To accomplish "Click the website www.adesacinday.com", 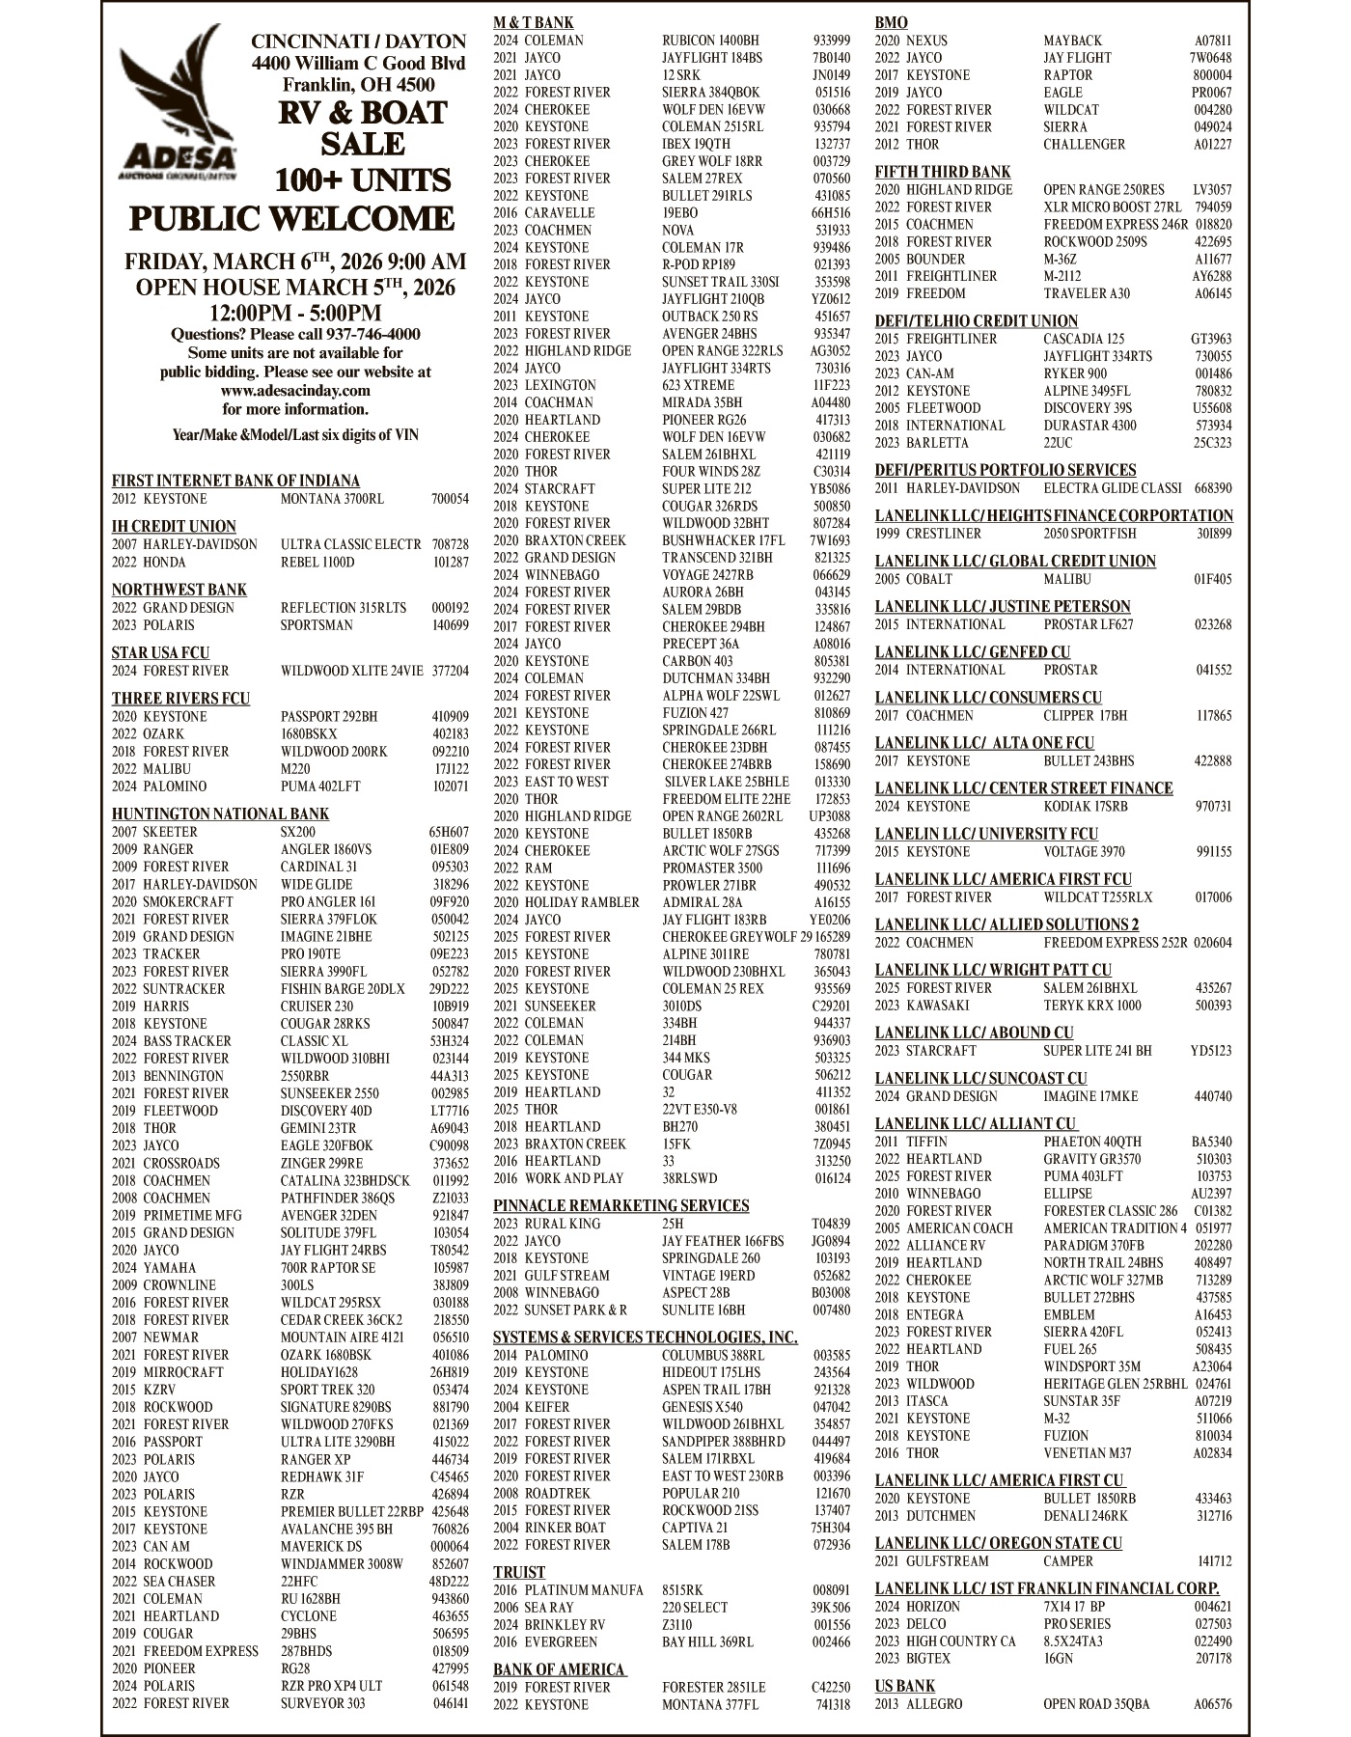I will pos(295,391).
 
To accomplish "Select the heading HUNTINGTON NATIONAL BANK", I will pos(220,813).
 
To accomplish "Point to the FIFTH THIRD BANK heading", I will pos(943,172).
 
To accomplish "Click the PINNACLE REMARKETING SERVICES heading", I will pos(620,1205).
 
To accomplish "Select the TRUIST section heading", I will pos(519,1572).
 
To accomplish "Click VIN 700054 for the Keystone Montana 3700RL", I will pos(450,499).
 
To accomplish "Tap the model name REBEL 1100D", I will pos(317,562).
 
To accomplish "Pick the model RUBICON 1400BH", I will pos(710,41).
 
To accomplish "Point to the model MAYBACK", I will pos(1072,41).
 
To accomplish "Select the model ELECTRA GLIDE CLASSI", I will pos(1112,488).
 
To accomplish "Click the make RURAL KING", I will pos(563,1224).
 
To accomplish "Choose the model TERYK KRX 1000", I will pos(1091,1006).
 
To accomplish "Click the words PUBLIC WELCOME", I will pos(291,218).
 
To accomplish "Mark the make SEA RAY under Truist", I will pos(549,1608).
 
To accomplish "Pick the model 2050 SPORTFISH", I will pos(1089,534).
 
